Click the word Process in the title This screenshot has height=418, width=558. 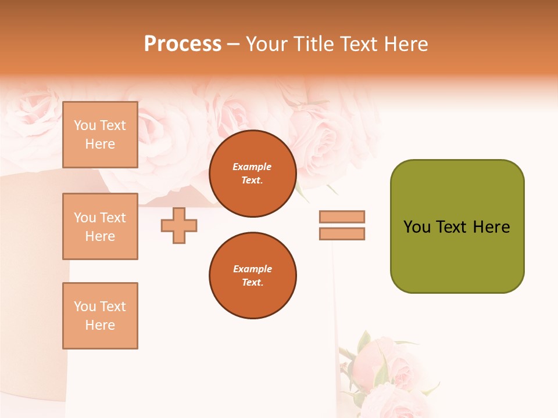point(183,44)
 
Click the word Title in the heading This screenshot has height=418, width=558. point(313,44)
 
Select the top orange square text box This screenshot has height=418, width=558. point(100,135)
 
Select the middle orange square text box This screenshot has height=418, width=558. point(100,226)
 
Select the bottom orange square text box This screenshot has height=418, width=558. point(100,316)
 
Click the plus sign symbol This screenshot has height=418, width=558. point(179,226)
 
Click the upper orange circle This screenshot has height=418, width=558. point(252,174)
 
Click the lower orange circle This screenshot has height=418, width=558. point(252,276)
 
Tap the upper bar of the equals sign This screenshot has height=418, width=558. point(342,217)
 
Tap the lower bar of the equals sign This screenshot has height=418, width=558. point(342,234)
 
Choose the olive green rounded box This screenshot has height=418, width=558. point(457,226)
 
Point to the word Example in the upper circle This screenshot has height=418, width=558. point(252,167)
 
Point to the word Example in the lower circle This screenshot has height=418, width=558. point(252,269)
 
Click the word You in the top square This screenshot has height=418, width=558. point(85,125)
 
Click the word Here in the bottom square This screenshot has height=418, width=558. point(100,325)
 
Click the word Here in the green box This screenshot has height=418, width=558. point(491,227)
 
